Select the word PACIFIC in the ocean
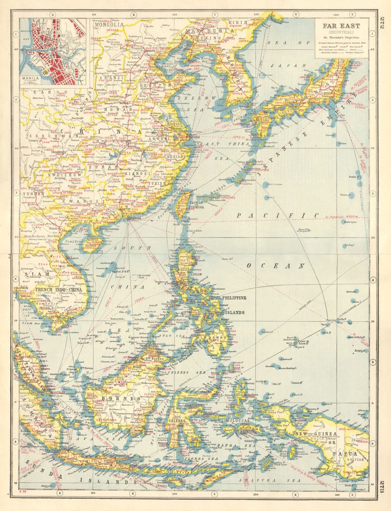tap(278, 215)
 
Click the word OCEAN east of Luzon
tap(275, 266)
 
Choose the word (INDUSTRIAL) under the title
tap(341, 32)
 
